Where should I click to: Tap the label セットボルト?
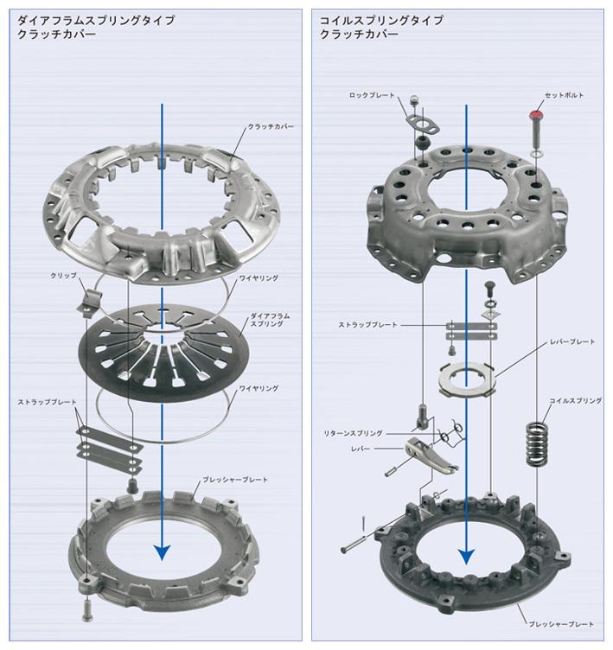(564, 95)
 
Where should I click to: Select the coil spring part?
(537, 443)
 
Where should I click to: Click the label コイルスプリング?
(575, 401)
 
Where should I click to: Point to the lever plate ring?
(467, 379)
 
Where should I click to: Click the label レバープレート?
(572, 342)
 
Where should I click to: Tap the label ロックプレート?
(372, 95)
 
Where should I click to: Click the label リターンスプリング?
(353, 433)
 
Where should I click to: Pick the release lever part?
(431, 455)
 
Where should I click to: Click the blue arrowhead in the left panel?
(162, 552)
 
